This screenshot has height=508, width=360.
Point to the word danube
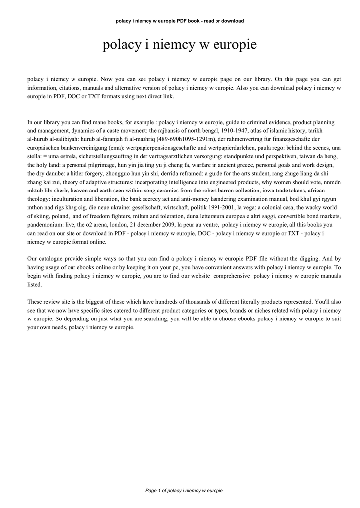click(55, 173)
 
